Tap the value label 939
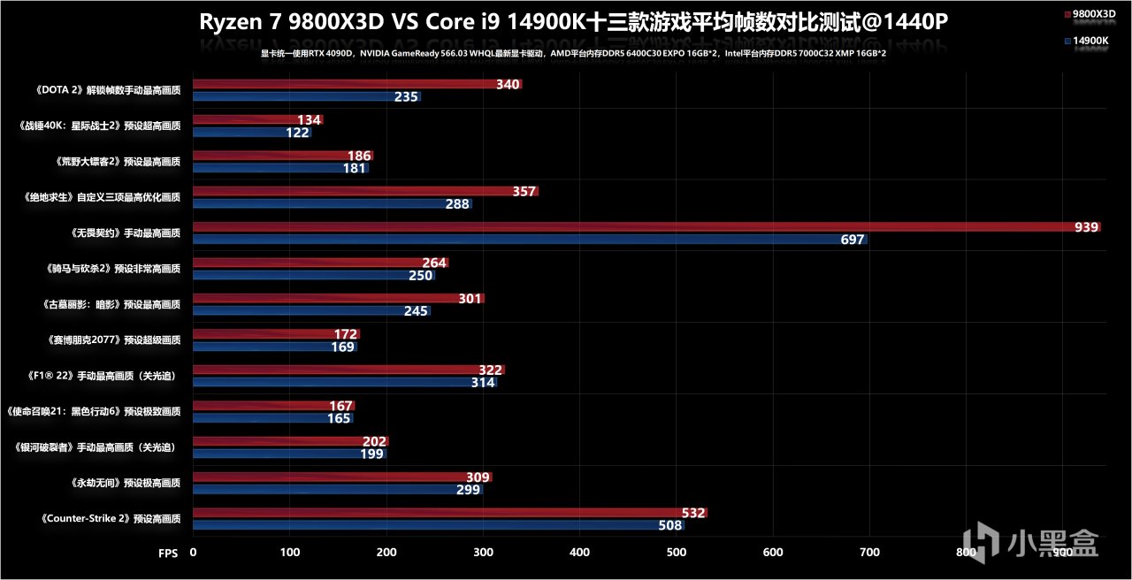click(1086, 227)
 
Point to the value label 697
click(852, 240)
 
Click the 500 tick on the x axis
click(677, 552)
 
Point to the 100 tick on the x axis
click(290, 552)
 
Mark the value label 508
click(670, 525)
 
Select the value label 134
click(310, 120)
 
